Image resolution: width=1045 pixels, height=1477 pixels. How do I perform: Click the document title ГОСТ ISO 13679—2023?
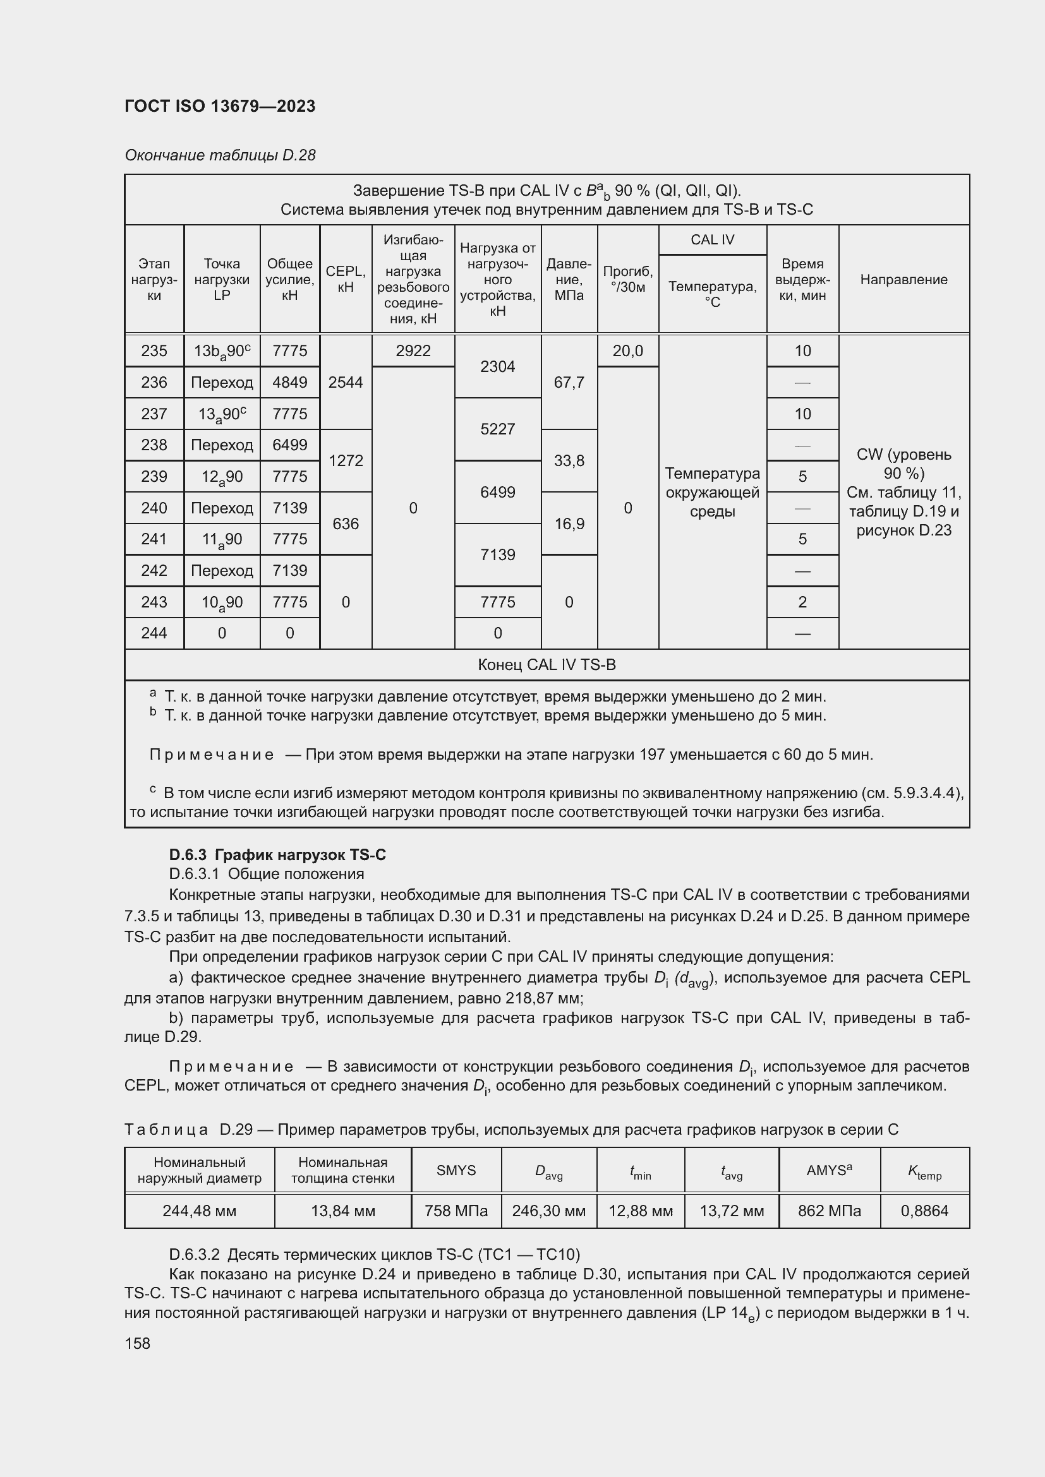(x=220, y=106)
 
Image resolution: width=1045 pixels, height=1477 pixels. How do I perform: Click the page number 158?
(x=137, y=1343)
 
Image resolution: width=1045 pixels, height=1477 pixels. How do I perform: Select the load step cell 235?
(x=154, y=350)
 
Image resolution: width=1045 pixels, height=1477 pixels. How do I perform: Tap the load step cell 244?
(x=154, y=633)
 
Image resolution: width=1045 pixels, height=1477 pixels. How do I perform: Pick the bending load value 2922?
(x=413, y=350)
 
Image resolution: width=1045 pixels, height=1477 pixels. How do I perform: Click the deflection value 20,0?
(x=627, y=350)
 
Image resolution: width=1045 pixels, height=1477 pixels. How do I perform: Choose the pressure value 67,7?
(x=569, y=382)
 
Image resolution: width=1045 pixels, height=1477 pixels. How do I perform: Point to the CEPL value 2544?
(x=346, y=382)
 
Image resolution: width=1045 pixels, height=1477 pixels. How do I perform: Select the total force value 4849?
(x=289, y=382)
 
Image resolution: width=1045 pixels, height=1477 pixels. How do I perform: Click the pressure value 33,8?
(x=569, y=460)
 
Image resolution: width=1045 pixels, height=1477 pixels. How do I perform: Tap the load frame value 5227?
(x=497, y=429)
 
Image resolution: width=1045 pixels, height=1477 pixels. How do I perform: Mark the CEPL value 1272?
(x=346, y=460)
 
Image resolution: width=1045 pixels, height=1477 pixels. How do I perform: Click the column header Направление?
(x=903, y=279)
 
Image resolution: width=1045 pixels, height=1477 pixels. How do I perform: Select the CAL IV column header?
(x=712, y=240)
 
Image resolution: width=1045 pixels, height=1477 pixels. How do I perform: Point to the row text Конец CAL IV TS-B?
(x=547, y=664)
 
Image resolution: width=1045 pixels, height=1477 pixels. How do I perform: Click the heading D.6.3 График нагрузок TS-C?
(x=277, y=854)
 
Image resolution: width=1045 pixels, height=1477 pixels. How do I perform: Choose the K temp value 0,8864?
(x=924, y=1211)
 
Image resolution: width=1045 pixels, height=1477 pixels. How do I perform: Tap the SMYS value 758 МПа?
(x=456, y=1211)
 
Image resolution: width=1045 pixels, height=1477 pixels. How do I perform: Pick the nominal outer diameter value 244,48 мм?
(x=200, y=1211)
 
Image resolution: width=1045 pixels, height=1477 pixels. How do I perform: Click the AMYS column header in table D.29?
(x=829, y=1171)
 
